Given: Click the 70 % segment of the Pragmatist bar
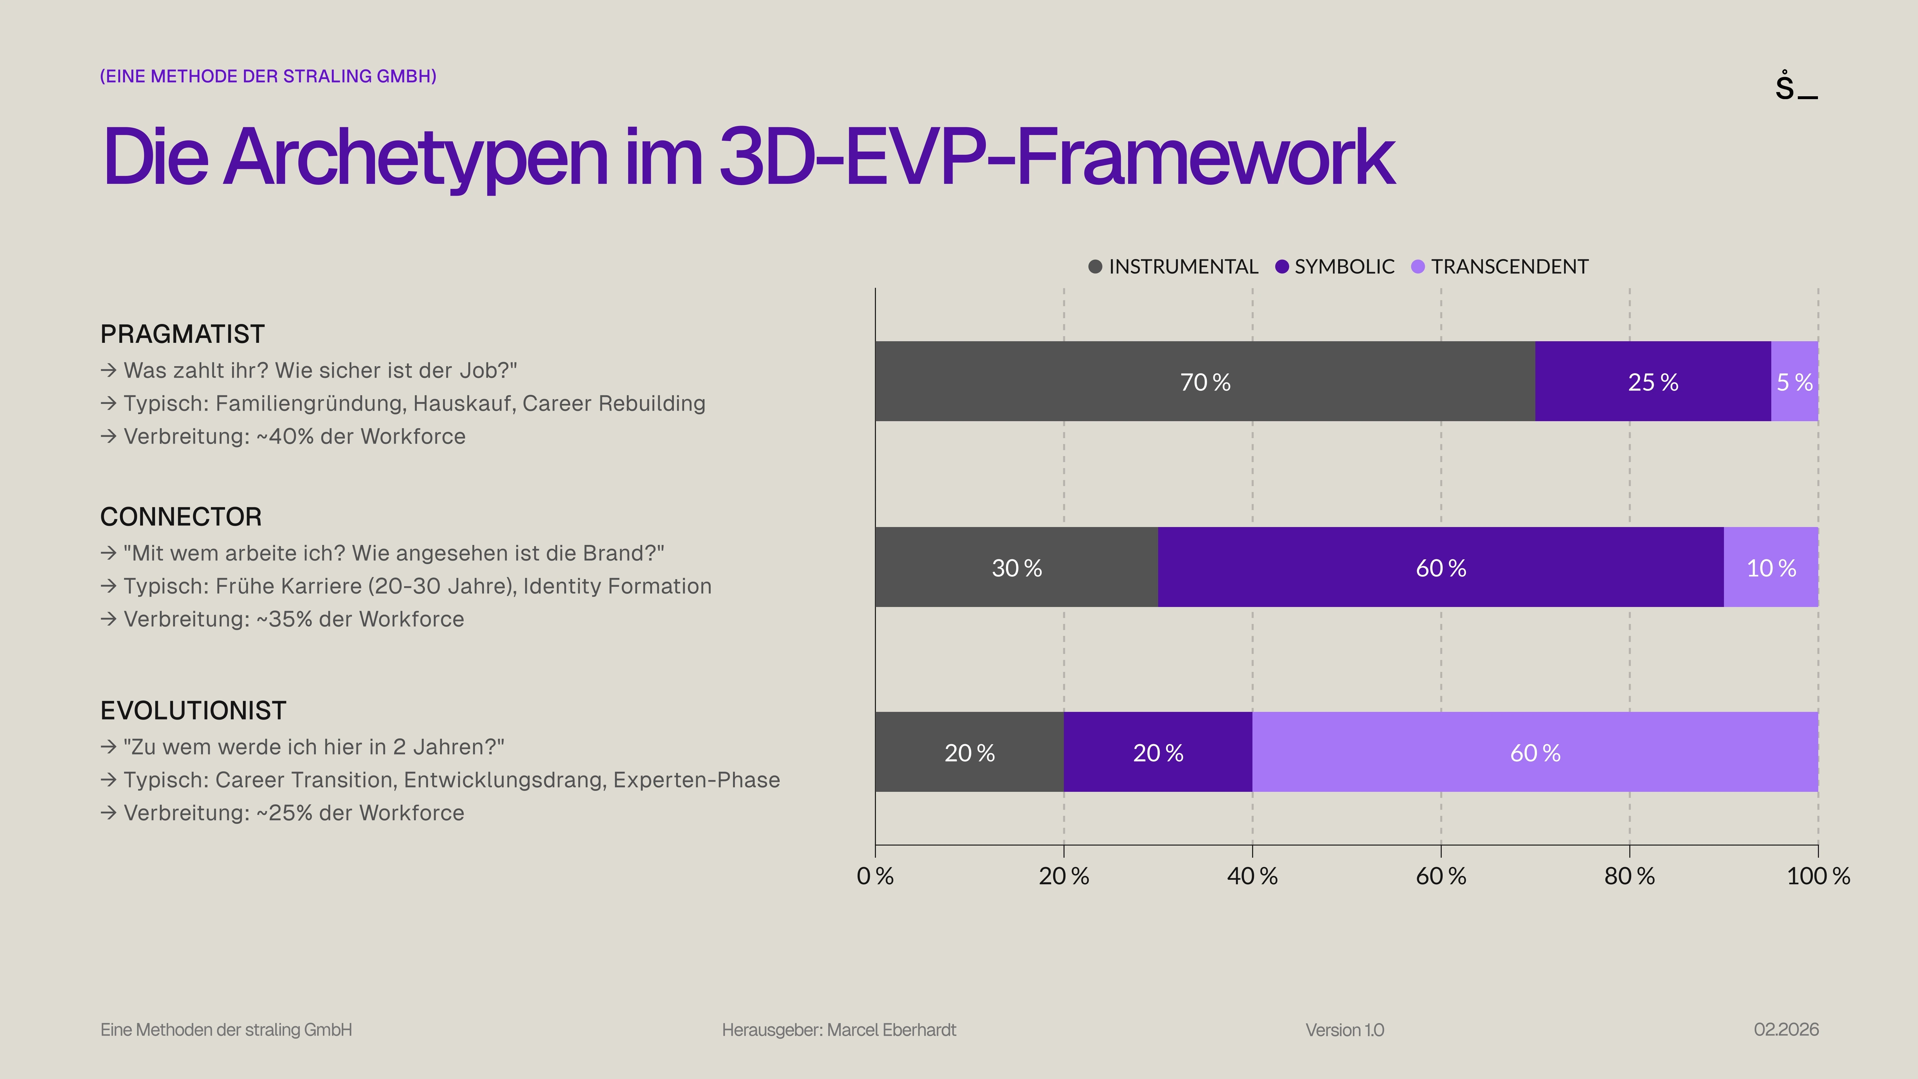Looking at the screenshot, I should (1205, 381).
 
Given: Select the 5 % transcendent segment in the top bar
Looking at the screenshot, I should (1794, 381).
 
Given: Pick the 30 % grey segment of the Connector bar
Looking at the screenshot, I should (1016, 567).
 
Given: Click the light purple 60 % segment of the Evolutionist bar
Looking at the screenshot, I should (1534, 752).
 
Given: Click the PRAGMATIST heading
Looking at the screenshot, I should (183, 334).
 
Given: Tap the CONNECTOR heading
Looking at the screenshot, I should (181, 517).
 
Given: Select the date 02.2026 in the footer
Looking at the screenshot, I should (1785, 1030).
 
